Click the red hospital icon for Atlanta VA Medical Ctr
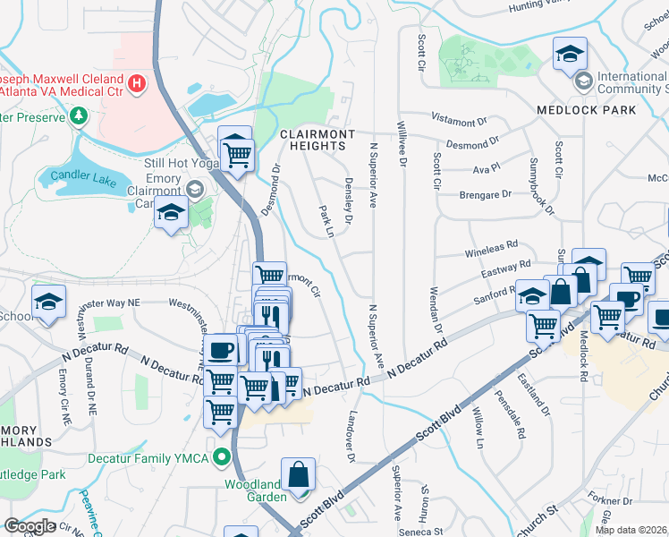click(136, 85)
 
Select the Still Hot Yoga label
click(181, 164)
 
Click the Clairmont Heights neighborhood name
click(312, 140)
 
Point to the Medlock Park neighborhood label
click(586, 110)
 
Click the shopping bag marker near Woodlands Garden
click(299, 474)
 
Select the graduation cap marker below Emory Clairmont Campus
click(171, 215)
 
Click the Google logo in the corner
click(30, 526)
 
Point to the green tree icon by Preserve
click(79, 116)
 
